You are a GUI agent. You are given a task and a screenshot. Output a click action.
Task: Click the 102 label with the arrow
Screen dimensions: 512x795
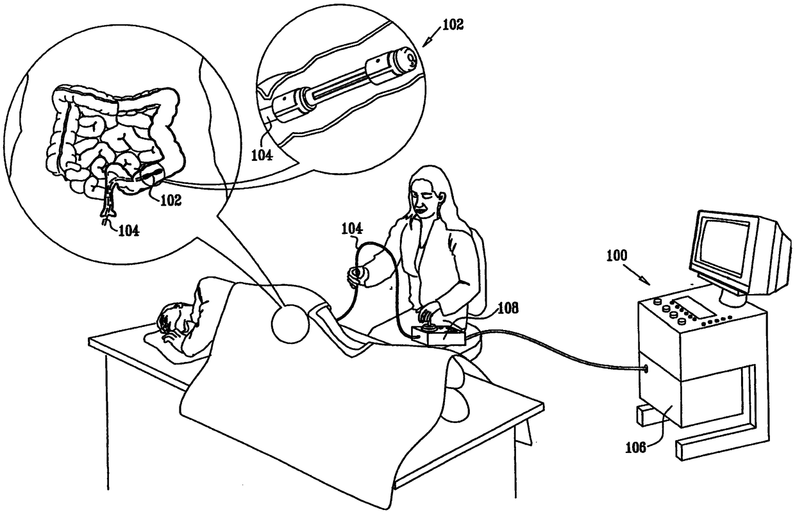(x=453, y=26)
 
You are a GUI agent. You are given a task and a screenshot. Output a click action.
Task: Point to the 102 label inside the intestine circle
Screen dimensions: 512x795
(x=169, y=199)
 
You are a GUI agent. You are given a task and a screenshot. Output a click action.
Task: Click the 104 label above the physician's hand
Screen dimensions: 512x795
(x=353, y=227)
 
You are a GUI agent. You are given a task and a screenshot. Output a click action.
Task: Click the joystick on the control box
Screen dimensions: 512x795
(x=426, y=318)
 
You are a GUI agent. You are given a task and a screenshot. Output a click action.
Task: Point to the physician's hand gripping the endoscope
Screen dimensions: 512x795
(x=358, y=275)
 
